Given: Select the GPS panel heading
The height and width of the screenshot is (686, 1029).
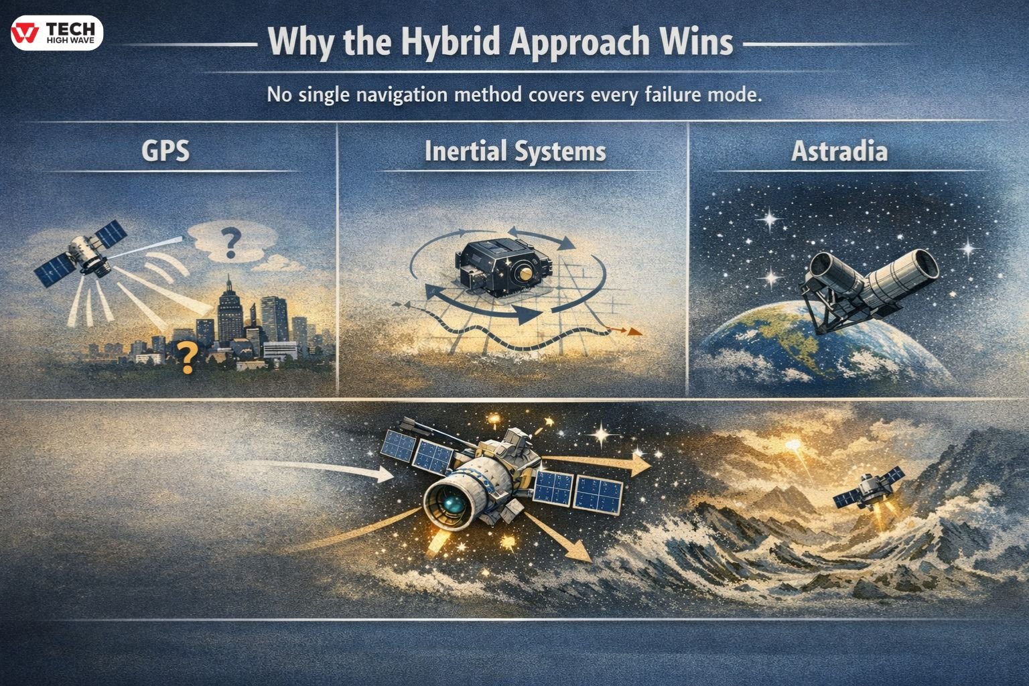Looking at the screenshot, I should (x=165, y=151).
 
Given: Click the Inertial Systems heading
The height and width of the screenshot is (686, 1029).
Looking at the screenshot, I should (x=514, y=151).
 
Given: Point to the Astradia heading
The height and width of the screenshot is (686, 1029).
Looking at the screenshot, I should (x=839, y=151).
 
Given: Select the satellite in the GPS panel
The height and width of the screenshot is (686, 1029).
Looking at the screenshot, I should (x=84, y=255).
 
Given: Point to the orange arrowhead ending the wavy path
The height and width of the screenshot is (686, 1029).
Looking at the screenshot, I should (x=634, y=332).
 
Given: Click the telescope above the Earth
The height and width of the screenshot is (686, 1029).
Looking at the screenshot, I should (x=871, y=278).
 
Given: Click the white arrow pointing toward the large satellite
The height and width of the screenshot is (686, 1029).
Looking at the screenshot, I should (x=382, y=474).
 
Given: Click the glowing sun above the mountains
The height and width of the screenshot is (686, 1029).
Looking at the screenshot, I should (x=795, y=445).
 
